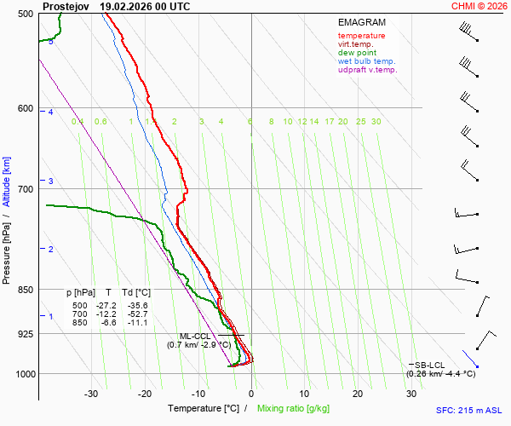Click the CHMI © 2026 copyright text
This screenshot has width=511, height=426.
[x=479, y=6]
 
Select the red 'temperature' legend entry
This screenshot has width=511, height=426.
[x=361, y=36]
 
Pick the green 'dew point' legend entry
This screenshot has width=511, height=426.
[x=359, y=53]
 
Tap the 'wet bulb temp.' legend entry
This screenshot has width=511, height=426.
[x=366, y=61]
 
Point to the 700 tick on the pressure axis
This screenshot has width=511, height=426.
[x=25, y=188]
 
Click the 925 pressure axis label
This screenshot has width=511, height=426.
[x=25, y=334]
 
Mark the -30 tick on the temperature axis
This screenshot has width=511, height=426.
[x=91, y=394]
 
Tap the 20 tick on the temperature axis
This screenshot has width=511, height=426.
[x=358, y=394]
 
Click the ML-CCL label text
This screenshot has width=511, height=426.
[x=195, y=336]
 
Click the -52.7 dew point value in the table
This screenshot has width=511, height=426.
[x=135, y=314]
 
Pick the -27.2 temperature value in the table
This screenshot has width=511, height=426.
[x=106, y=305]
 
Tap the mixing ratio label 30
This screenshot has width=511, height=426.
[x=376, y=122]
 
